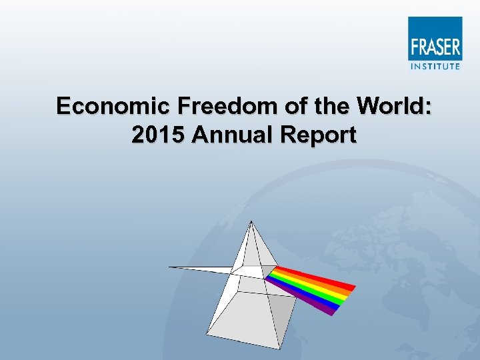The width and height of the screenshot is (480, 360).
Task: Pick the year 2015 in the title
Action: (159, 135)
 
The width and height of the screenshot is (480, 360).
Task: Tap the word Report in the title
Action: (318, 135)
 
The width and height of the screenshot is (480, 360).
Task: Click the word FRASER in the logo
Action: (435, 47)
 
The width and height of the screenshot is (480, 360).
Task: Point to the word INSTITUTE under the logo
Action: (435, 65)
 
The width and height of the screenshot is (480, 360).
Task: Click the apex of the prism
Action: (251, 221)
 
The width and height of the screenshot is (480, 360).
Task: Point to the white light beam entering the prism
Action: (200, 268)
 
